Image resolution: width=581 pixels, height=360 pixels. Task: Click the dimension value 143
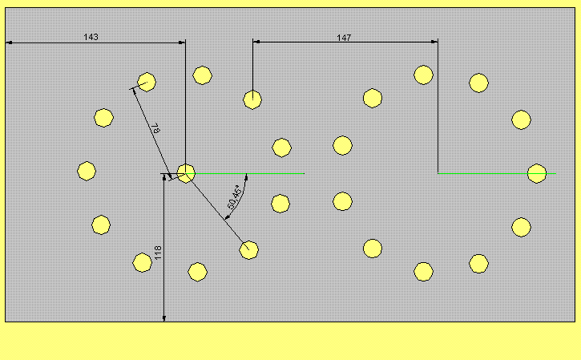click(91, 37)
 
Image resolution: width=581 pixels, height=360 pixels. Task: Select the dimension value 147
click(344, 38)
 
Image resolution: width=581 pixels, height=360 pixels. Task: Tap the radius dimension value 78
click(155, 128)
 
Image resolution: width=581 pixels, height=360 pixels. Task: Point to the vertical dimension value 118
click(158, 253)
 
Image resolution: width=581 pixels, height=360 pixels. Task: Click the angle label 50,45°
click(236, 198)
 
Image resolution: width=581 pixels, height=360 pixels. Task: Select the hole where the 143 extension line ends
click(186, 173)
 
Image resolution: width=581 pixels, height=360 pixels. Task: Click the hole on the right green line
click(537, 173)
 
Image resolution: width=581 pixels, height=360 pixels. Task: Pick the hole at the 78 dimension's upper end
click(147, 82)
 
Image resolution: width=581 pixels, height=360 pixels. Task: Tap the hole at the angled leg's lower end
click(249, 250)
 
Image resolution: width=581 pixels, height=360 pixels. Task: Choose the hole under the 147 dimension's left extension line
click(252, 99)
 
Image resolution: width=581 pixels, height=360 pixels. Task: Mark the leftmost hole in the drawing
click(87, 171)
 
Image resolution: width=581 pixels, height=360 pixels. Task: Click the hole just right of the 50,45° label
click(280, 204)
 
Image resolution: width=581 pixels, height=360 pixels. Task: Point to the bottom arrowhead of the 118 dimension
click(164, 318)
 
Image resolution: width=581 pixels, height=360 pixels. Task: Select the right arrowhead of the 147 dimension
click(434, 42)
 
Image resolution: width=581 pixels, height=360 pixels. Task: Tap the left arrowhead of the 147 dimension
click(256, 42)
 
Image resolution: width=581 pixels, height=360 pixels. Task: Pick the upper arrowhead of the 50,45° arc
click(246, 177)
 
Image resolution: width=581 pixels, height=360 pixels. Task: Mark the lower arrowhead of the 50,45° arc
click(227, 216)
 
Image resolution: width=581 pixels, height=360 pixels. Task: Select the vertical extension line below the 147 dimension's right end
click(438, 106)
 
